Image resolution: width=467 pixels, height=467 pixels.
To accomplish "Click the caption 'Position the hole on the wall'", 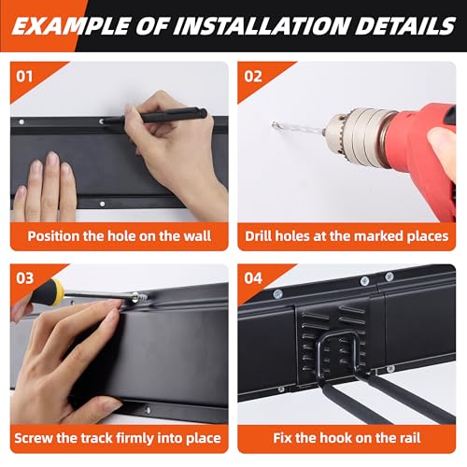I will pos(120,236).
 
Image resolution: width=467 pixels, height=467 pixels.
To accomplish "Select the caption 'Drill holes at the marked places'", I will pos(347,236).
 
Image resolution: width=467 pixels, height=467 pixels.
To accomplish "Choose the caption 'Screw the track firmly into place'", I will pos(120,437).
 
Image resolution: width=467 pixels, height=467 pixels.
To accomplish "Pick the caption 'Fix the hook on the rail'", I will pos(347,437).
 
